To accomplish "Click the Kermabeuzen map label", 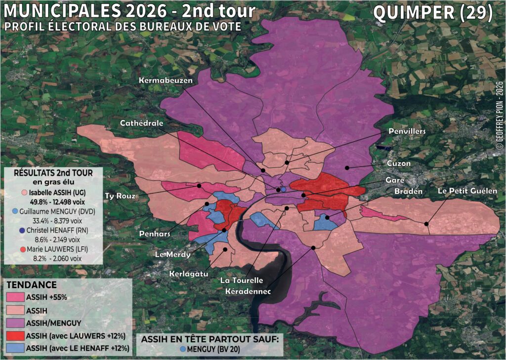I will pos(165,80).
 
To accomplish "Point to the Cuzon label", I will pos(398,163).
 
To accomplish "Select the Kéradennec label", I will pos(248,292).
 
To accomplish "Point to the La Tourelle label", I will pos(242,281).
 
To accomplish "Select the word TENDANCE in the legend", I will pos(31,285).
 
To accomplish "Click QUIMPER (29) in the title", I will pos(433,13).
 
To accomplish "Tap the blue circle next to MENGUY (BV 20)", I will pos(184,349).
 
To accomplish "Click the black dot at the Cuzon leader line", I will pos(347,168).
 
